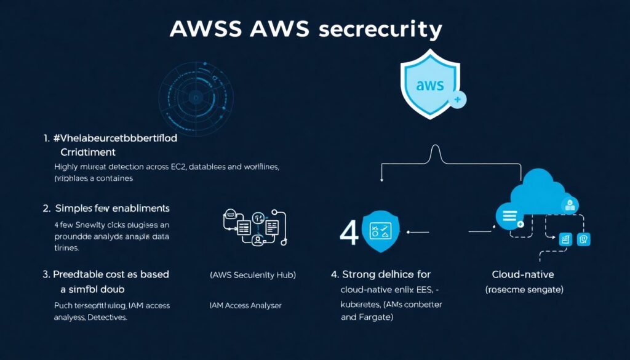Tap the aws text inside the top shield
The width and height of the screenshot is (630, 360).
pyautogui.click(x=429, y=86)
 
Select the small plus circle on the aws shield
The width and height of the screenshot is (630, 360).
pyautogui.click(x=458, y=99)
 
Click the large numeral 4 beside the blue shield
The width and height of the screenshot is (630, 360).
pyautogui.click(x=349, y=234)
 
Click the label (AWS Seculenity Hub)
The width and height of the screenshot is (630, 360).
pyautogui.click(x=253, y=275)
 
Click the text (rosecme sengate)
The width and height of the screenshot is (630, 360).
pyautogui.click(x=525, y=289)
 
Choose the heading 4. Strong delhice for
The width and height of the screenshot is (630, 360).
pyautogui.click(x=381, y=274)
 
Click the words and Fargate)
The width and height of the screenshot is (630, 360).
pyautogui.click(x=367, y=318)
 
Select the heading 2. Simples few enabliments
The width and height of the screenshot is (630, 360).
pyautogui.click(x=106, y=209)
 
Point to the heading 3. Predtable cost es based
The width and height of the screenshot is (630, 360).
pyautogui.click(x=106, y=274)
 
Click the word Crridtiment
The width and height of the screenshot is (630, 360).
pyautogui.click(x=88, y=151)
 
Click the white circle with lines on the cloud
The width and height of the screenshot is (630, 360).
pyautogui.click(x=509, y=215)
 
